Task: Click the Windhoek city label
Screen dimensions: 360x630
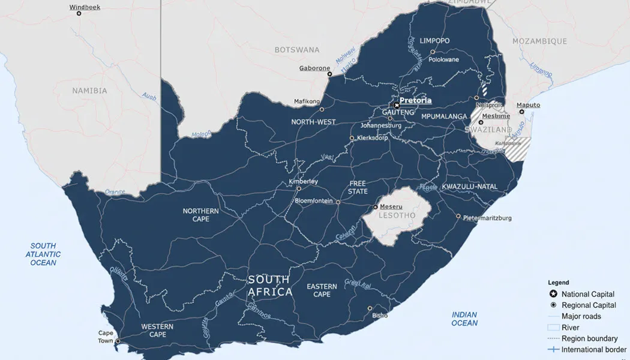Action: [x=85, y=7]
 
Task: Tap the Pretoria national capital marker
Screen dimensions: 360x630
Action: [x=396, y=105]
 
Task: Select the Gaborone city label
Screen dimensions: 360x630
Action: [x=315, y=68]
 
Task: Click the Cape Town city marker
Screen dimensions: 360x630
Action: [x=118, y=341]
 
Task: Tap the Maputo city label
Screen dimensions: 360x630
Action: [x=528, y=105]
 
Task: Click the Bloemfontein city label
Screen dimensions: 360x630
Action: [x=313, y=201]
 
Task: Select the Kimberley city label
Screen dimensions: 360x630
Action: [x=304, y=181]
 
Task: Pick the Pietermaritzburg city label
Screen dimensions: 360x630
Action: [x=487, y=218]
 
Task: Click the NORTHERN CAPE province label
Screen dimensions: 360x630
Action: [x=200, y=215]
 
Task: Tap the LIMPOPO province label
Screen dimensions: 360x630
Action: [x=434, y=41]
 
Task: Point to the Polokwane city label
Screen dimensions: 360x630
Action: [x=444, y=59]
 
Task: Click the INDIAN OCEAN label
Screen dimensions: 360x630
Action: [x=464, y=319]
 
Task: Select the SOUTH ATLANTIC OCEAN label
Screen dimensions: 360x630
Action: [x=43, y=254]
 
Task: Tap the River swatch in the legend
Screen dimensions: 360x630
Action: [x=553, y=328]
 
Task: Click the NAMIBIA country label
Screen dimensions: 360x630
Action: [x=89, y=91]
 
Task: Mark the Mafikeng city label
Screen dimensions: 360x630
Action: [x=307, y=101]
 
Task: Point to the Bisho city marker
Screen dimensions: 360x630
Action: [x=370, y=308]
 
